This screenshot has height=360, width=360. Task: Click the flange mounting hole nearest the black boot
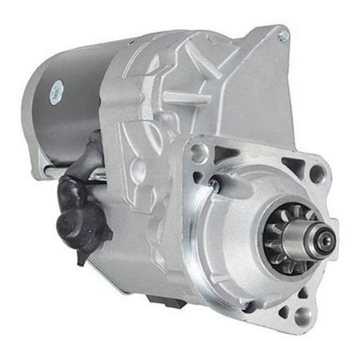pyautogui.click(x=200, y=150)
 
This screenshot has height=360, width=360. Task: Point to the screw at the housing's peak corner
pyautogui.click(x=283, y=34)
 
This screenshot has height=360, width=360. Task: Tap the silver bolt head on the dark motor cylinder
pyautogui.click(x=56, y=90)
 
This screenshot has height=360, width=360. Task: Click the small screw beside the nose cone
pyautogui.click(x=213, y=186)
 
